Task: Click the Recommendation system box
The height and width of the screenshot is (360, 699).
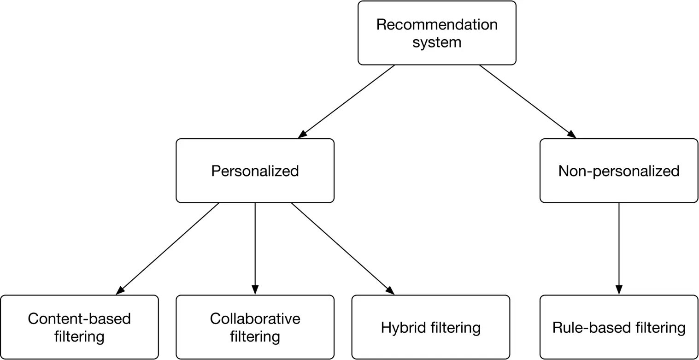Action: tap(436, 33)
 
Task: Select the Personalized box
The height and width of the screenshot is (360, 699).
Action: tap(255, 170)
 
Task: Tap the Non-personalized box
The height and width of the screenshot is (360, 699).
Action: tap(618, 170)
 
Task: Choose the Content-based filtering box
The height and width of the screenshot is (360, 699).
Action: tap(79, 327)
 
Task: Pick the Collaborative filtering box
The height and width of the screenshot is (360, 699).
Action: tap(255, 327)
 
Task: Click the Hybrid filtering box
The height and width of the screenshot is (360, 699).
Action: tap(430, 327)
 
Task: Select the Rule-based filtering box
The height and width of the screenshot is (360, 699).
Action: tap(618, 327)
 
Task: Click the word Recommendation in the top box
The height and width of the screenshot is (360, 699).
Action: tap(436, 24)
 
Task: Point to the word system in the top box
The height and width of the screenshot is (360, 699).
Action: tap(436, 42)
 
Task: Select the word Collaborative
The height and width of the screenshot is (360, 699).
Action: tap(255, 319)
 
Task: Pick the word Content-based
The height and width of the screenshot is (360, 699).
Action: tap(79, 319)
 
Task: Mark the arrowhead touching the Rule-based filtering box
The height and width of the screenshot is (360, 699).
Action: tap(618, 290)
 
